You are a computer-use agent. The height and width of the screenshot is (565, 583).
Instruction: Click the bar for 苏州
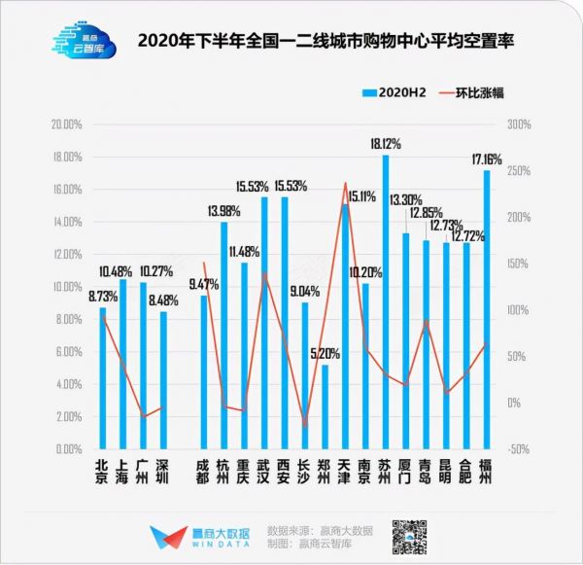pyautogui.click(x=386, y=301)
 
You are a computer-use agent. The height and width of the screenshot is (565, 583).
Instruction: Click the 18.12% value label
pyautogui.click(x=386, y=144)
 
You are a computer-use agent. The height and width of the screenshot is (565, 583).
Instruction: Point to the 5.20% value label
pyautogui.click(x=326, y=354)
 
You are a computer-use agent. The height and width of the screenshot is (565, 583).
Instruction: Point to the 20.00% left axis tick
pyautogui.click(x=66, y=124)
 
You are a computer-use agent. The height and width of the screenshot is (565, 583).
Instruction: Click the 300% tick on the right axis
pyautogui.click(x=516, y=124)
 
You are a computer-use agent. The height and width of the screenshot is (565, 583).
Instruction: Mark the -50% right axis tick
pyautogui.click(x=516, y=449)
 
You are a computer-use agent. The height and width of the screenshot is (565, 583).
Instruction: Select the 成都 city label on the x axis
pyautogui.click(x=204, y=471)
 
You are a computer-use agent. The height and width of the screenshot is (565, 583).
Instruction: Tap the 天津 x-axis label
pyautogui.click(x=345, y=471)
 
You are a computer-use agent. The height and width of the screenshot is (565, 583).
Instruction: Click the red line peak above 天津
pyautogui.click(x=345, y=183)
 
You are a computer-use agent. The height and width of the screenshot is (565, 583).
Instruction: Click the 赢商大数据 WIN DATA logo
pyautogui.click(x=199, y=539)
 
